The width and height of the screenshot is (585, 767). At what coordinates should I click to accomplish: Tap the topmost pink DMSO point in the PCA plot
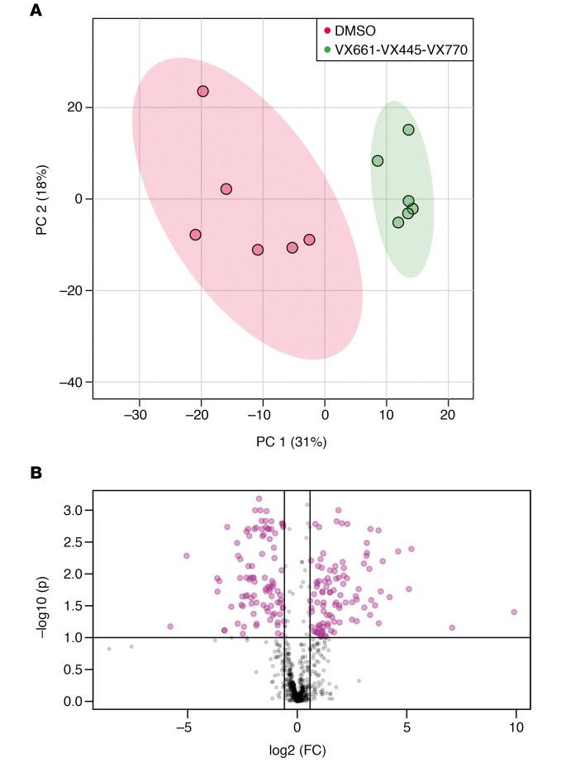coord(202,91)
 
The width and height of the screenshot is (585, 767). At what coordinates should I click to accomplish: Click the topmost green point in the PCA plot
coord(408,130)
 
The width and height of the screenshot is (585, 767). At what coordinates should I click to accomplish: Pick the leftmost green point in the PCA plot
coord(378,160)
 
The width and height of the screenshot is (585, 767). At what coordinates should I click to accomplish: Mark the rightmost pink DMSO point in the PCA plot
coord(309,240)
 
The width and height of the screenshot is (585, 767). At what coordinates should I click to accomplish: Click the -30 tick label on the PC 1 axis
coord(137,414)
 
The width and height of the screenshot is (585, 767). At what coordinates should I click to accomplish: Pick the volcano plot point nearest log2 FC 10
coord(514,612)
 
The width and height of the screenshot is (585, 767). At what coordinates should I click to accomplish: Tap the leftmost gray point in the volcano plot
coord(109,649)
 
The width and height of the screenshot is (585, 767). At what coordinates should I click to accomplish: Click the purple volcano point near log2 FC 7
coord(452,627)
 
